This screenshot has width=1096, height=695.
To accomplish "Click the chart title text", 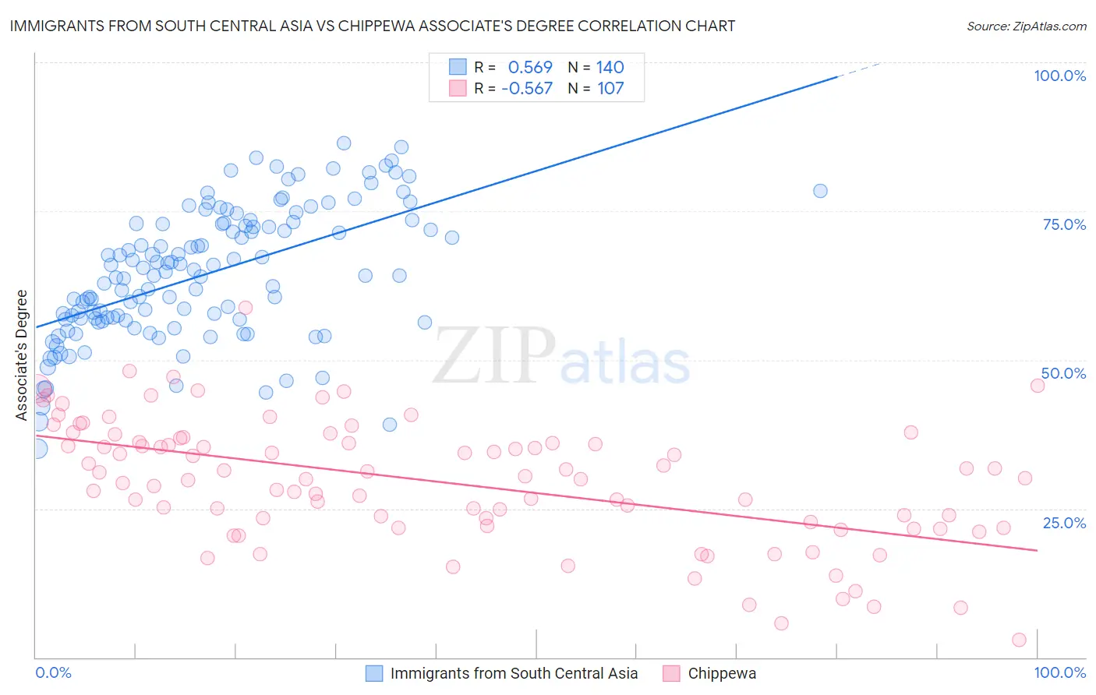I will click(x=372, y=26).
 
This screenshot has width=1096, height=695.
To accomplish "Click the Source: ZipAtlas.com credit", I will click(x=1026, y=26).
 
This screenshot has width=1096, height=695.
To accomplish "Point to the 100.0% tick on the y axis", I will click(x=1059, y=76).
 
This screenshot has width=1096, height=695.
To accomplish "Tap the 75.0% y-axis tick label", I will click(x=1064, y=224).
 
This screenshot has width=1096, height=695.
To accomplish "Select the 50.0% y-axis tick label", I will click(x=1063, y=373).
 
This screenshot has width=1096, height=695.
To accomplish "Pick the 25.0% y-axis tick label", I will click(x=1064, y=522).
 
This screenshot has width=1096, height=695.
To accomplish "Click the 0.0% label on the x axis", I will click(x=53, y=672).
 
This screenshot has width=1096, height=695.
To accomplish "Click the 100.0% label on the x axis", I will click(x=1059, y=672).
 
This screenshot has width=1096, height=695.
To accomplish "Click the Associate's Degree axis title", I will click(x=22, y=355).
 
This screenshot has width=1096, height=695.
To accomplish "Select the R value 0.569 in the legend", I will click(x=530, y=68).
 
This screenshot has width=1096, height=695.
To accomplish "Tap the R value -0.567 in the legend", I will click(x=527, y=89).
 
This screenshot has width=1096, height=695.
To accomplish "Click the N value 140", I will click(x=610, y=68).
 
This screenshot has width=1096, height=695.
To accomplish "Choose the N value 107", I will click(x=610, y=89).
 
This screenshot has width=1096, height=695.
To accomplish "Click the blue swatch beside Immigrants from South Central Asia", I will click(x=374, y=673).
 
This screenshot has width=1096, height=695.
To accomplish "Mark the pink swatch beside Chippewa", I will click(x=671, y=673).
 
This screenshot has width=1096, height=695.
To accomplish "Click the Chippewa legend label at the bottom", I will click(x=722, y=673).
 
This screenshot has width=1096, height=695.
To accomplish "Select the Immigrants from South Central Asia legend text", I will click(x=514, y=673).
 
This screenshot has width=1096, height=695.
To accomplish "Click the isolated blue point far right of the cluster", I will click(x=820, y=191).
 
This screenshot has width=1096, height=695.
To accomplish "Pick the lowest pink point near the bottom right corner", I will click(x=1019, y=640).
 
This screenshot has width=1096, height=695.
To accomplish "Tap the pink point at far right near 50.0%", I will click(x=1038, y=386).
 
